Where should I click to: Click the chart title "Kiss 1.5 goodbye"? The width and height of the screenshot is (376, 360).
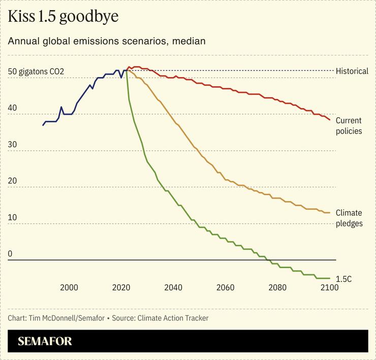(63, 17)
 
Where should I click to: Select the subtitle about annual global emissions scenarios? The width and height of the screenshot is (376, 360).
(107, 41)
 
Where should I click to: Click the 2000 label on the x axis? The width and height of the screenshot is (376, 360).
(69, 287)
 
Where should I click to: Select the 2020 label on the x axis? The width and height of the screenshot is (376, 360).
(121, 287)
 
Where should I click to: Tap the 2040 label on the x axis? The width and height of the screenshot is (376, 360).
(173, 287)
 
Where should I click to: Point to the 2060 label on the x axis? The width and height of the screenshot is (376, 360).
(225, 287)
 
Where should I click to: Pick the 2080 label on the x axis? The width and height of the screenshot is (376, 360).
(277, 287)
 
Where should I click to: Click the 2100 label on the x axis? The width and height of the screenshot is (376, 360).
(329, 287)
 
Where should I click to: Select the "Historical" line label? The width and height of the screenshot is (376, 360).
(352, 71)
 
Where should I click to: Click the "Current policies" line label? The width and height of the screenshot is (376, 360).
(349, 126)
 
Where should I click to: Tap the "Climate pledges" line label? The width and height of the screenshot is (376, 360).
(349, 218)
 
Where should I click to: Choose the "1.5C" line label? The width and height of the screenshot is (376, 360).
(344, 279)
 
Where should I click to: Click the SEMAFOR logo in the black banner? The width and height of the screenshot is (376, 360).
(45, 341)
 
